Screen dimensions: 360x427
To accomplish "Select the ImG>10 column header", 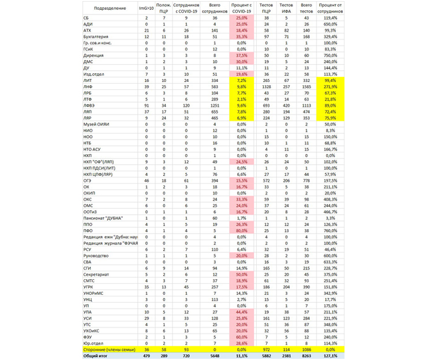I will click(147, 9).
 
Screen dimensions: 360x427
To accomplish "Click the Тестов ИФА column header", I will click(286, 9).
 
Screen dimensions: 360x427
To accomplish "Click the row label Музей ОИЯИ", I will click(96, 125).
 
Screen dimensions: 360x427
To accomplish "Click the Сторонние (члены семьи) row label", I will click(108, 350).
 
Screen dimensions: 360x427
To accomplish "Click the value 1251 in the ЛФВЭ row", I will click(215, 106).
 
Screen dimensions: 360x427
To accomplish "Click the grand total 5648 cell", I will click(215, 355).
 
